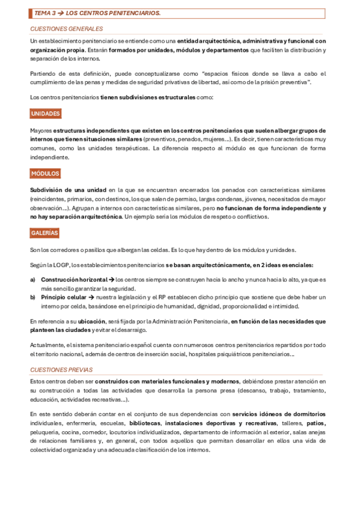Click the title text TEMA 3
45,12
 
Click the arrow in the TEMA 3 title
60,12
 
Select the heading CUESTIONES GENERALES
66,28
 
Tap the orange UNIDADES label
46,113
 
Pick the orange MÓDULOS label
45,173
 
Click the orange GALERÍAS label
45,233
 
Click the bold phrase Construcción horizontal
74,280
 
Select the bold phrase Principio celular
66,297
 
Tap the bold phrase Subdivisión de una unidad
68,191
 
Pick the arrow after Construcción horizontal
111,280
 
